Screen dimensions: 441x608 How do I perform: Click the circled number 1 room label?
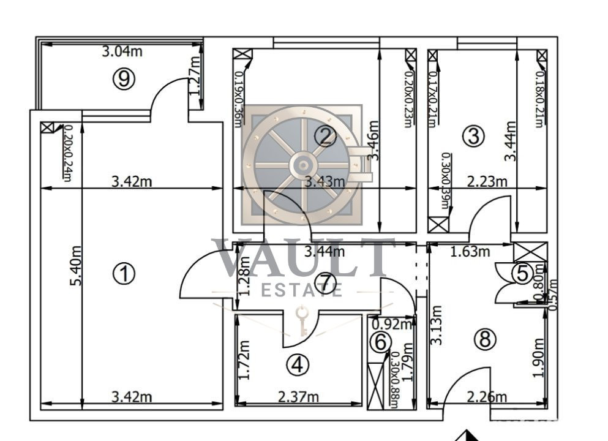coord(124,274)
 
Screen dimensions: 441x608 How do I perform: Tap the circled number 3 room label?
coord(473,136)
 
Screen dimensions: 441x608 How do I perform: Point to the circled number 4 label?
coord(298,365)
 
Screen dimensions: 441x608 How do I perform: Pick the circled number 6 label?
coord(380,342)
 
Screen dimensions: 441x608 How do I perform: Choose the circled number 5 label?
coord(522,273)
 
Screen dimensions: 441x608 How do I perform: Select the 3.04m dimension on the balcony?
coord(121,51)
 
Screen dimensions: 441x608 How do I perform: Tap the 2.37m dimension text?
coord(298,397)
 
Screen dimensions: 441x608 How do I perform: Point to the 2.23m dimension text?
coord(487,182)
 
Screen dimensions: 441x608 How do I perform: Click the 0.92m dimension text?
coord(392,325)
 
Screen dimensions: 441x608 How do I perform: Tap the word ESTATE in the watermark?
coord(302,290)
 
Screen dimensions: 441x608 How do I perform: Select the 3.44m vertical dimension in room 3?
coord(509,141)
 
